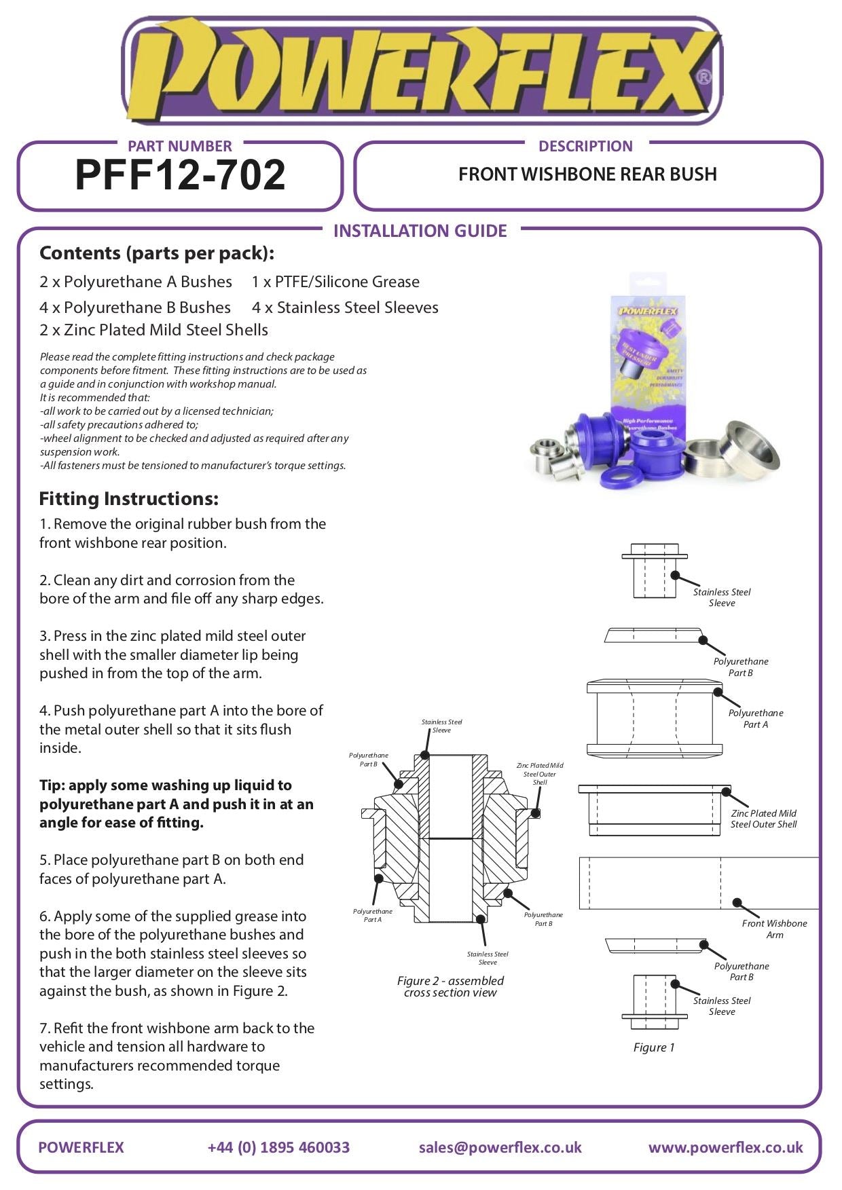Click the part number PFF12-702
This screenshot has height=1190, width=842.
point(180,175)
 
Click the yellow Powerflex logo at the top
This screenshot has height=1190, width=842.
point(420,71)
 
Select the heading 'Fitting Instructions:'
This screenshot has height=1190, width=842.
point(129,499)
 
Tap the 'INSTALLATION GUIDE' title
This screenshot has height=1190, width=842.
point(420,231)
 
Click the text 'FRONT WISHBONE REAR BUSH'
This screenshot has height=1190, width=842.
point(587,174)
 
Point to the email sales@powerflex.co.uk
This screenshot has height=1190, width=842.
point(500,1147)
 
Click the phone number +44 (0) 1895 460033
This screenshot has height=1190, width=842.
point(278,1147)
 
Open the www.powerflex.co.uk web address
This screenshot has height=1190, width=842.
point(725,1147)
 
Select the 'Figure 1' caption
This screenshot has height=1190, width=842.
point(654,1047)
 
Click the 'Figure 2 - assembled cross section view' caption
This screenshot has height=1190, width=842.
point(450,986)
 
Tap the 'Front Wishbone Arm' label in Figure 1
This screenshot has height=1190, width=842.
point(774,929)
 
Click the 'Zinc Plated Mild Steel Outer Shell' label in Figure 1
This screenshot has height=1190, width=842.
point(763,819)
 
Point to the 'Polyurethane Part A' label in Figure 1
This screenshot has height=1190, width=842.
point(755,718)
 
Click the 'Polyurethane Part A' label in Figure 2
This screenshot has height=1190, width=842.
point(372,915)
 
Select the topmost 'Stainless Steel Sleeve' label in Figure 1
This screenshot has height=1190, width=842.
point(721,597)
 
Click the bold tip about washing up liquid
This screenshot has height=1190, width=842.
point(177,804)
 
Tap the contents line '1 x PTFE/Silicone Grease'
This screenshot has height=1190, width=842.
point(335,282)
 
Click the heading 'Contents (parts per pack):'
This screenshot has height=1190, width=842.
point(157,253)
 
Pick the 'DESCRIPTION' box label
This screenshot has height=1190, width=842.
point(585,146)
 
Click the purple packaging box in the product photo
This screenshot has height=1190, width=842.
point(648,360)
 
